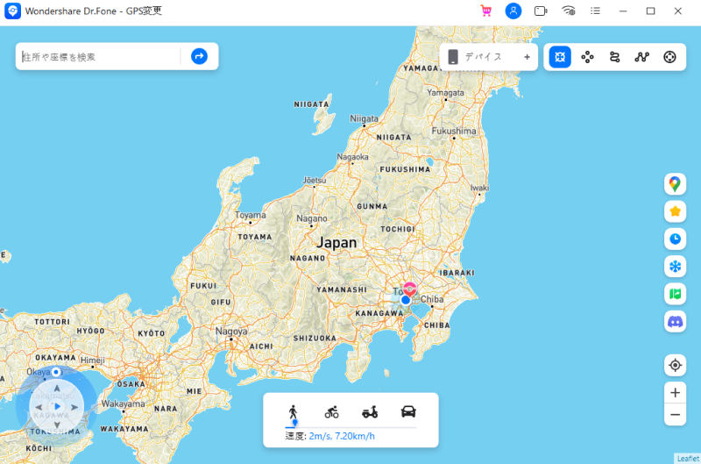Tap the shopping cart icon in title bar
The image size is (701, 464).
coord(485,11)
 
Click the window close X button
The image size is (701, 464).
coord(677,11)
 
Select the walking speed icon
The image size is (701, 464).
coord(294,411)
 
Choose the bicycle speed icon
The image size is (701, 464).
coord(331,411)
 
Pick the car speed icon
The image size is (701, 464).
coord(407,411)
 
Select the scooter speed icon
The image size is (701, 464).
coord(370,411)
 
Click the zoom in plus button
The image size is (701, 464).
coord(675,392)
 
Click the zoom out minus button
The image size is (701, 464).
coord(675,414)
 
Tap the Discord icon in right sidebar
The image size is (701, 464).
coord(675,322)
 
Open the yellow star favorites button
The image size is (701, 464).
coord(675,211)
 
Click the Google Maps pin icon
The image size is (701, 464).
coord(675,183)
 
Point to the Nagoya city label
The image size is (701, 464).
coord(231,332)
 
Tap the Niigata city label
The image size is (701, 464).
coord(364,118)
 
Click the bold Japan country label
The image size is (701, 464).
coord(337,243)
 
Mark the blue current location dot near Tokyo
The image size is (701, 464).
coord(406,300)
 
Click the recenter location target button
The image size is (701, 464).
coord(675,365)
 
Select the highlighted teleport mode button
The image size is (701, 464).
coord(560,57)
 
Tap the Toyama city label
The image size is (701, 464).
coord(251,215)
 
